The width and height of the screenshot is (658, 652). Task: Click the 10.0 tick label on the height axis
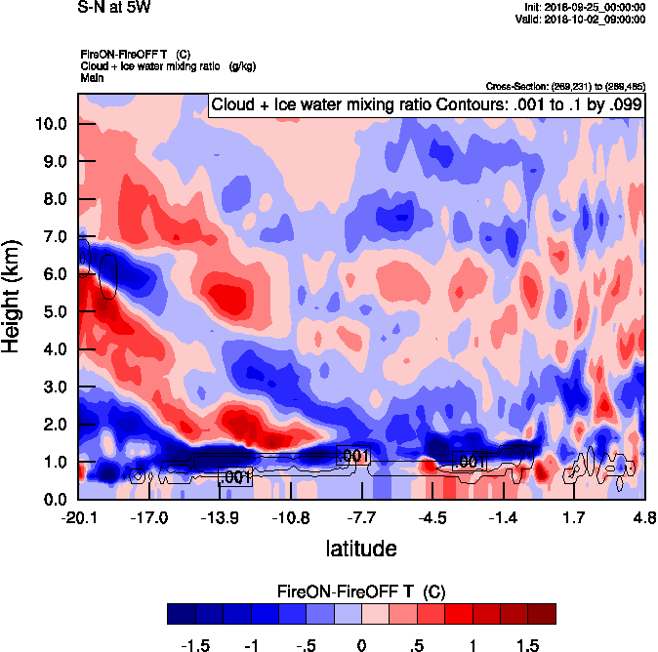pyautogui.click(x=50, y=124)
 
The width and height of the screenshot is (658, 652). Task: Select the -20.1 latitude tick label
pyautogui.click(x=78, y=517)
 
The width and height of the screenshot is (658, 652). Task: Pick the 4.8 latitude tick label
pyautogui.click(x=644, y=517)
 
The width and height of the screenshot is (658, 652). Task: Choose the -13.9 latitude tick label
pyautogui.click(x=221, y=517)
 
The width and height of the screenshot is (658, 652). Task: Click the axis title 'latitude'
pyautogui.click(x=360, y=549)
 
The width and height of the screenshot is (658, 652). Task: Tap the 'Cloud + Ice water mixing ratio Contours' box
pyautogui.click(x=426, y=104)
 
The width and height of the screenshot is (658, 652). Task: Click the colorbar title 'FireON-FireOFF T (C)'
pyautogui.click(x=361, y=591)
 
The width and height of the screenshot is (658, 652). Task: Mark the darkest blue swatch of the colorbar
pyautogui.click(x=181, y=613)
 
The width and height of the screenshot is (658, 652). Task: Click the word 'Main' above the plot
pyautogui.click(x=92, y=77)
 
